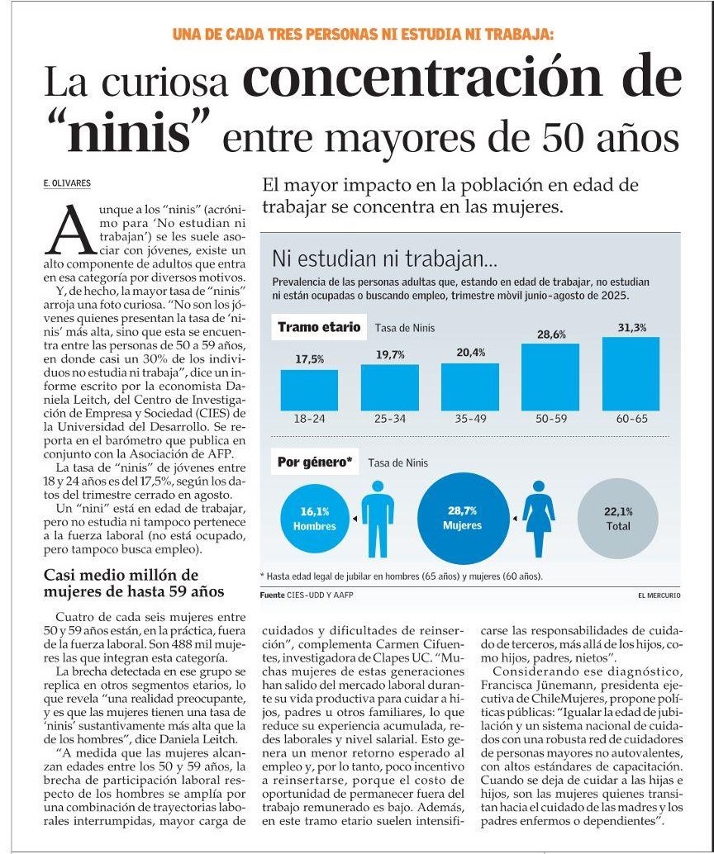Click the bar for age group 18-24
click(x=309, y=390)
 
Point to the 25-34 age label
click(x=389, y=419)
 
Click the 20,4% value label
click(x=470, y=353)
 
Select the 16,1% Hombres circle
click(x=315, y=519)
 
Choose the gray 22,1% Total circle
click(x=618, y=518)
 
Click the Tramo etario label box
click(x=319, y=327)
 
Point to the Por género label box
click(x=315, y=463)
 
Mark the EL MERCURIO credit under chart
click(x=659, y=595)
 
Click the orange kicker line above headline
click(x=363, y=34)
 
